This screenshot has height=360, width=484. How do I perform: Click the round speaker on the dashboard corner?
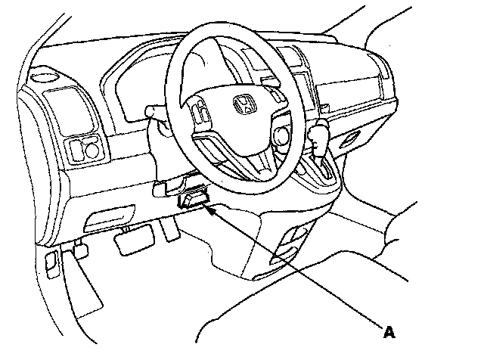click(45, 76)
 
